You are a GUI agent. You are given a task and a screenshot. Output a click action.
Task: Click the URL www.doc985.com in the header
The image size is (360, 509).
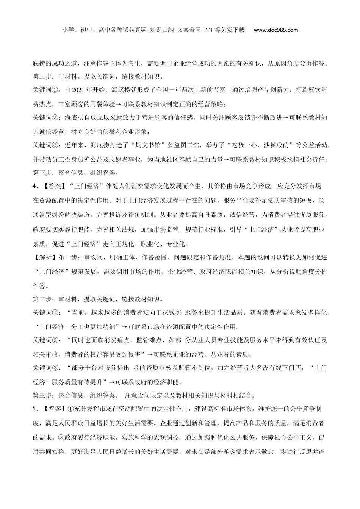coord(275,30)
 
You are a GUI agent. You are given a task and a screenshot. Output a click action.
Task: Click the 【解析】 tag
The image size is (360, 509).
coord(45,258)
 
